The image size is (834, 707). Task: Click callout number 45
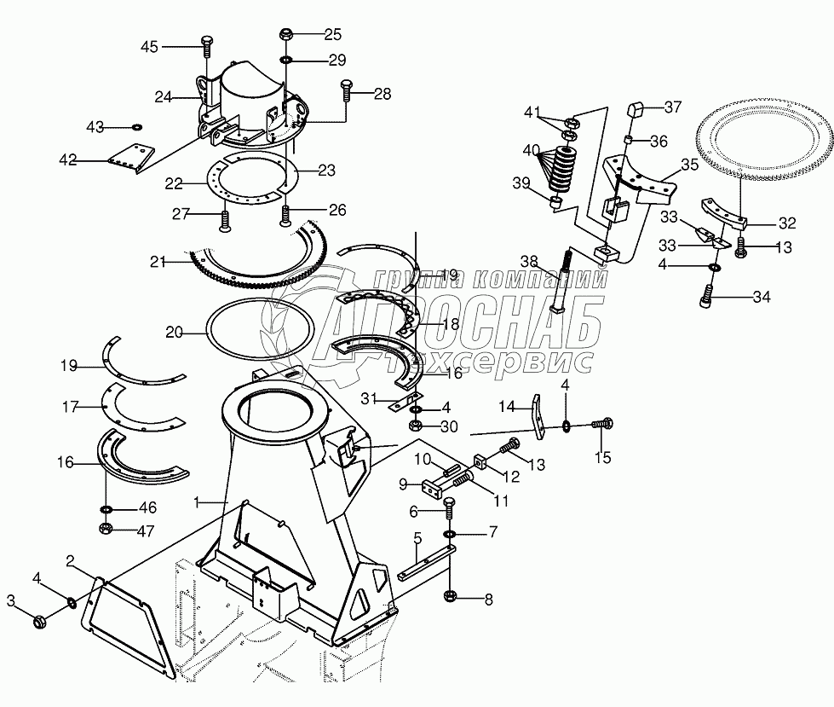click(149, 46)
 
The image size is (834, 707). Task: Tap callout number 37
click(674, 107)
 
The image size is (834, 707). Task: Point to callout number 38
click(529, 262)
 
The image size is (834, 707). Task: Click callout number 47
click(147, 530)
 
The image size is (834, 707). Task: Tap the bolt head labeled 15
click(607, 421)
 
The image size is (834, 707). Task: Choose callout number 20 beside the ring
click(174, 333)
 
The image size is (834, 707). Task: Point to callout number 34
click(760, 297)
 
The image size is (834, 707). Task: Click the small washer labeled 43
click(136, 128)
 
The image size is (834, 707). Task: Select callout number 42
click(67, 159)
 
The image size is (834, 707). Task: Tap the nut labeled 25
click(285, 36)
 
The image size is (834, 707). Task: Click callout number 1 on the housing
click(198, 503)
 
